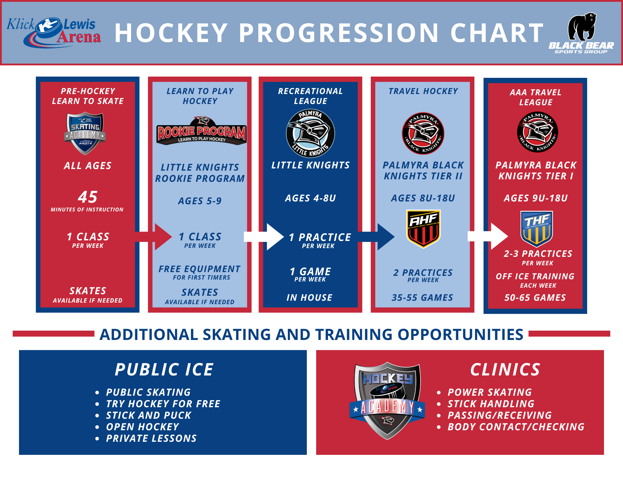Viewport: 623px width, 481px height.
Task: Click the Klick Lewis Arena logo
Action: (54, 32)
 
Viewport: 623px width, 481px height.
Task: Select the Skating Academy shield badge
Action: (85, 134)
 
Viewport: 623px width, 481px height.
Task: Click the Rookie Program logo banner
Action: (201, 131)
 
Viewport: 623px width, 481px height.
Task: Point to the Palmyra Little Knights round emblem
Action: (310, 133)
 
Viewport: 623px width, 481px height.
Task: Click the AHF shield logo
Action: (423, 229)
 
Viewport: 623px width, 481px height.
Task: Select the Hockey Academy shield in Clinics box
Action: (387, 401)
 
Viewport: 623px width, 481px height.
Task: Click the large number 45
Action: (88, 197)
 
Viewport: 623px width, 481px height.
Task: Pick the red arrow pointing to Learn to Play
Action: (153, 237)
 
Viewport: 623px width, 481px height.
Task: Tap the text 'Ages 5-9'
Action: (200, 201)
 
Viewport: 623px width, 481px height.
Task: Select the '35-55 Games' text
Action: (422, 298)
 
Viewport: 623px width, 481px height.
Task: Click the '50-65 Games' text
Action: (535, 298)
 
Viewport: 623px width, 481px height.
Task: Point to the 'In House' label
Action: (310, 298)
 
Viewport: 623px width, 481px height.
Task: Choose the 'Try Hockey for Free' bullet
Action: (163, 404)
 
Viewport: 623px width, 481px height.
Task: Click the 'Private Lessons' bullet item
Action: (151, 438)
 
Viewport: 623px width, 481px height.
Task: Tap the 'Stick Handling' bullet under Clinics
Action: (491, 404)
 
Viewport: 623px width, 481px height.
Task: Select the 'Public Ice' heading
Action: (164, 370)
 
